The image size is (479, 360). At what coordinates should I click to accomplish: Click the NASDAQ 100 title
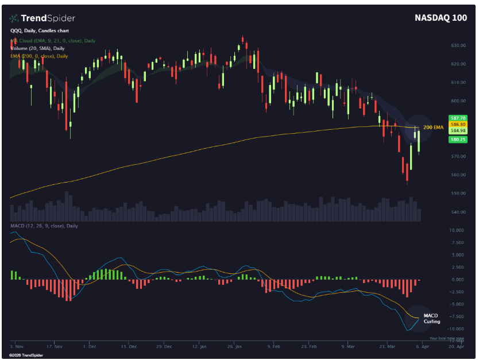click(441, 18)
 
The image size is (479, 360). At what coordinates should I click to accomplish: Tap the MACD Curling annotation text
click(431, 319)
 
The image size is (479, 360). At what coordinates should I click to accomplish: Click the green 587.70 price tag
click(458, 118)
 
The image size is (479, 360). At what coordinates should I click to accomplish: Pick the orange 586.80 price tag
click(458, 124)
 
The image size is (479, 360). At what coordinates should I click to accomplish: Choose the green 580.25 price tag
click(458, 140)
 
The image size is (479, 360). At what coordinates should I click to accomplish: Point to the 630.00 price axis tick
click(457, 45)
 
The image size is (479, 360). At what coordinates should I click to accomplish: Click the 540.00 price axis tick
click(457, 212)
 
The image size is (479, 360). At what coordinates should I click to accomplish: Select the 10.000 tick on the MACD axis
click(456, 230)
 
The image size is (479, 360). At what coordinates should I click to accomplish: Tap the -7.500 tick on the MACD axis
click(456, 316)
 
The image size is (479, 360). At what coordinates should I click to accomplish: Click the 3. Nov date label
click(16, 347)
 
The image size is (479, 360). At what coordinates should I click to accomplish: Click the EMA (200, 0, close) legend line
click(39, 56)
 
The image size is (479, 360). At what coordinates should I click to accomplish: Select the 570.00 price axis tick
click(457, 156)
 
